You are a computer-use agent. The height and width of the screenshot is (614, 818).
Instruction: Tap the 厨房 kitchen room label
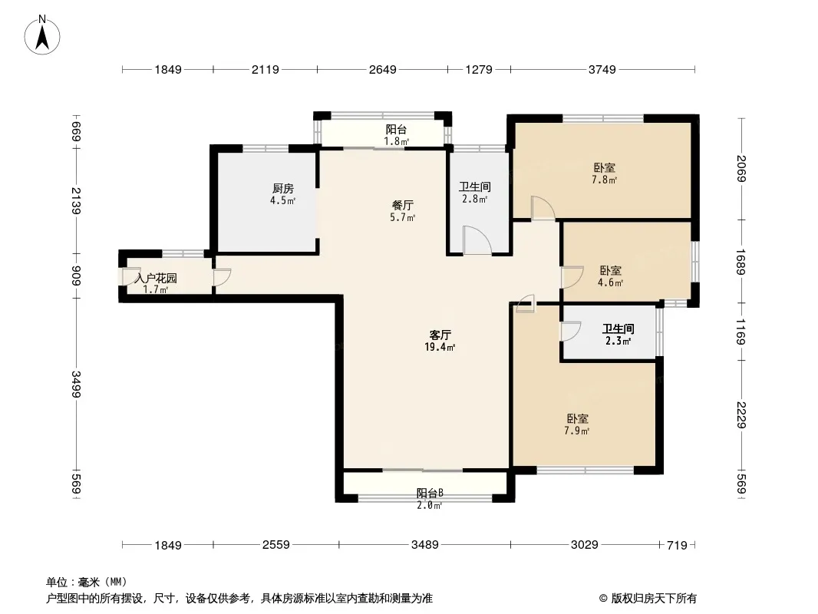[282, 188]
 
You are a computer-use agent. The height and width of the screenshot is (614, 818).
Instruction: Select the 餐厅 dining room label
[403, 206]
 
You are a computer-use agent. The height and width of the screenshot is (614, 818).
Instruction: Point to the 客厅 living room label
[440, 335]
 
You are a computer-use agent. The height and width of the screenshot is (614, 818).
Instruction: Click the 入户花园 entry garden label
[156, 278]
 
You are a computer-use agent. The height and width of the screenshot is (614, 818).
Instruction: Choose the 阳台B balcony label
[430, 493]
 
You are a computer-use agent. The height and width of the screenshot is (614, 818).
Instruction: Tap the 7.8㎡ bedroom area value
[604, 180]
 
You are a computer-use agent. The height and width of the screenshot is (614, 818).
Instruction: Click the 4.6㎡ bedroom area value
[610, 282]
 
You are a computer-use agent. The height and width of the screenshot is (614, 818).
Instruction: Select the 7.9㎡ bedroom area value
[577, 431]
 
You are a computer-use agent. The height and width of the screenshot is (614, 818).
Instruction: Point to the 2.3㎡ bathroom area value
[618, 342]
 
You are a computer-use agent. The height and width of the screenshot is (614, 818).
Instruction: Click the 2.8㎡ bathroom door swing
[477, 240]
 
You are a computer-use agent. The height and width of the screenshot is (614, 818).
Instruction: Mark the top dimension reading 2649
[382, 69]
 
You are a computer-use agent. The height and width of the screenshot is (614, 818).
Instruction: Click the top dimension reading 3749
[602, 69]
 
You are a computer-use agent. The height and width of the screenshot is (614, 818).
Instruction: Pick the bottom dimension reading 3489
[424, 545]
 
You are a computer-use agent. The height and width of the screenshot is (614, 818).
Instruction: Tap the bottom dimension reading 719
[677, 545]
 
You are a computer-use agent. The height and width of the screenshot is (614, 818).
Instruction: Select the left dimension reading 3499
[76, 384]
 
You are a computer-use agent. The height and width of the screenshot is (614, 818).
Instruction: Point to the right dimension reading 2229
[740, 415]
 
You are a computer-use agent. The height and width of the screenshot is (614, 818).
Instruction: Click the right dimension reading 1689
[740, 262]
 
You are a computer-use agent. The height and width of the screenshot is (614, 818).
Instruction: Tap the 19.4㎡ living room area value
[440, 348]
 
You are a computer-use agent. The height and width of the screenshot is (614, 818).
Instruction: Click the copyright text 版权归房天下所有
[654, 599]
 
